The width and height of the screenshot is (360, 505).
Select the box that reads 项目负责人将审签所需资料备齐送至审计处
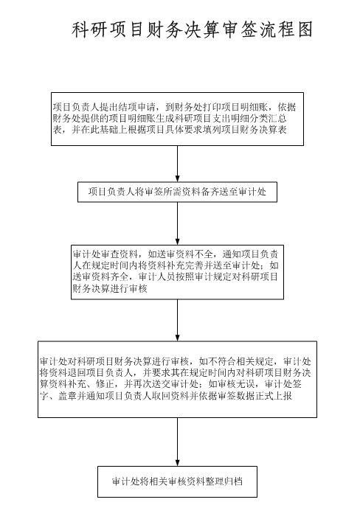click(177, 192)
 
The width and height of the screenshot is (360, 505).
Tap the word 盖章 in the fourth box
click(67, 396)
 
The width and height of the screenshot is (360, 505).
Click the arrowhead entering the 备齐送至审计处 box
click(177, 179)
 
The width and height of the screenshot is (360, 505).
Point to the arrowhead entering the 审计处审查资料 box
click(177, 242)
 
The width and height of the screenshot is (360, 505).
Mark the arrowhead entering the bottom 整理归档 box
click(177, 462)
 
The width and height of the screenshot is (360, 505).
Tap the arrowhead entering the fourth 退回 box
click(177, 338)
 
